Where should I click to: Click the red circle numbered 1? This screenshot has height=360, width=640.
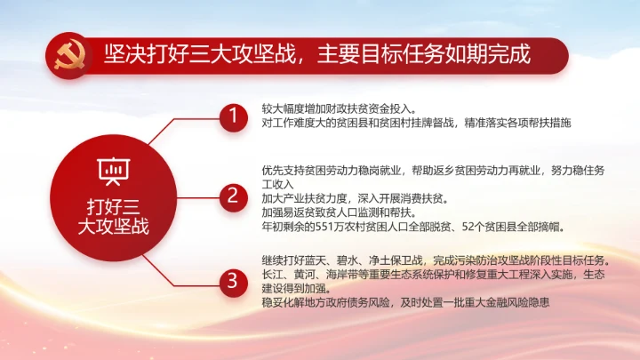click(233, 116)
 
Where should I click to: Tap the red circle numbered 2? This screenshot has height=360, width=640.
click(233, 196)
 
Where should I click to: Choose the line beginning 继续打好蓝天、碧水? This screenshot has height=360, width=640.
click(433, 260)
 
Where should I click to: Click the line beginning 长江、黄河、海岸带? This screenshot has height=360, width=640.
click(433, 275)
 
